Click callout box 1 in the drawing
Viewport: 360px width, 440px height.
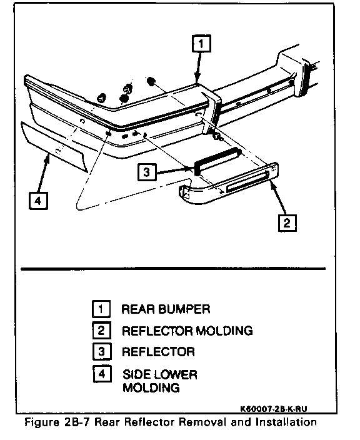coord(201,44)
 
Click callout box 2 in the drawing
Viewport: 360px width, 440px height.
coord(287,223)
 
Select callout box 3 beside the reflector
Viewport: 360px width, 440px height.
coord(147,172)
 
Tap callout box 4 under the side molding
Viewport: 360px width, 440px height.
coord(39,201)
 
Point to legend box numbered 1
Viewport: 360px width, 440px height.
coord(101,309)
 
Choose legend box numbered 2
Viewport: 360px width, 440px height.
coord(102,331)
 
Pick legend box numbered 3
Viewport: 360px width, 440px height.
coord(102,352)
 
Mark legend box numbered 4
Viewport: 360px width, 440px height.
coord(102,374)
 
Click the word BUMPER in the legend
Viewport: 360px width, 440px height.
coord(184,309)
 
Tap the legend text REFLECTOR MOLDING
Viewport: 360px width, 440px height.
coord(187,331)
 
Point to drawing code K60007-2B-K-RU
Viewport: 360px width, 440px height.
coord(273,409)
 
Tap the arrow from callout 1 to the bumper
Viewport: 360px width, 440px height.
coord(198,67)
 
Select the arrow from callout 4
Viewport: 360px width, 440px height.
coord(44,173)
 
